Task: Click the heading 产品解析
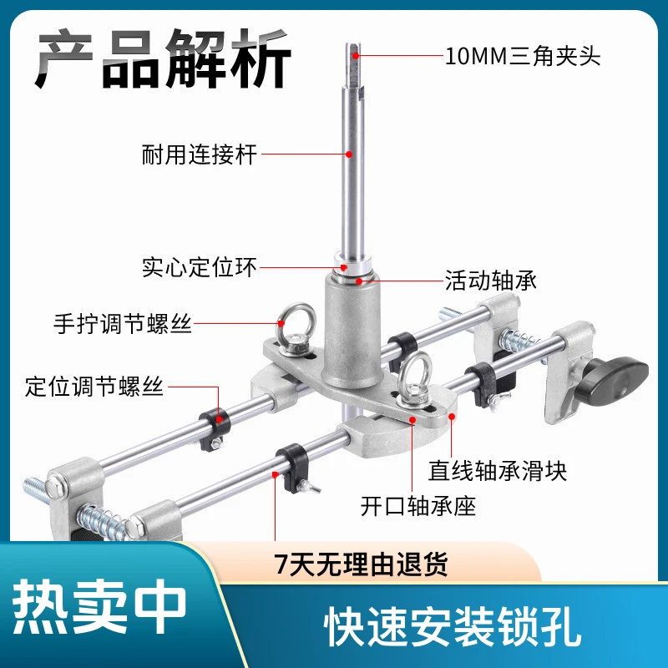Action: pos(163,58)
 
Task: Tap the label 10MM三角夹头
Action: pos(523,56)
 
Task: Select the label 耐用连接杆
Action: pos(200,154)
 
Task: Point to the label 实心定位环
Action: pos(200,267)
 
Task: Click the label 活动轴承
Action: pos(491,281)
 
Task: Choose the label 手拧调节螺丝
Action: pos(123,324)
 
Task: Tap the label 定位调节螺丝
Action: pos(94,387)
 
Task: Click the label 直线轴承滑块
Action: pos(498,471)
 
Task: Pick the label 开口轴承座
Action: pos(418,507)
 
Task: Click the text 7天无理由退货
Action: pos(361,564)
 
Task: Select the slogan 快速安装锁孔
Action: pos(453,627)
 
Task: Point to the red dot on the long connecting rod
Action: pos(349,154)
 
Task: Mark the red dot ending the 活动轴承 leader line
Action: pos(360,281)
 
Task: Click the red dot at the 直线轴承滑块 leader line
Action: pos(452,416)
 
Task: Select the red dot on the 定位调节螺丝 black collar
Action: pos(219,419)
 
